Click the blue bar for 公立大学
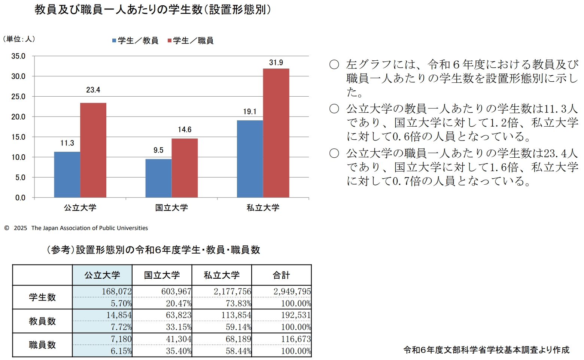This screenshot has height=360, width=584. tap(67, 175)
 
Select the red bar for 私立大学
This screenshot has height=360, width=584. tap(276, 133)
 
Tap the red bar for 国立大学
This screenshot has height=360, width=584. tap(185, 168)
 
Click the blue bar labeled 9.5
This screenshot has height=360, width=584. tap(158, 178)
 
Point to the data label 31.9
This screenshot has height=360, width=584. tap(276, 63)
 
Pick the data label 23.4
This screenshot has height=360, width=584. tap(93, 90)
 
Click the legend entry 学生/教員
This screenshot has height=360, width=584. tap(135, 40)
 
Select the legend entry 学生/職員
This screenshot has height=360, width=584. tap(191, 40)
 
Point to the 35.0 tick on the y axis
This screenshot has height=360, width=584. tap(18, 56)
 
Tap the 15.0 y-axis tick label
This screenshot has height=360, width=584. tap(18, 137)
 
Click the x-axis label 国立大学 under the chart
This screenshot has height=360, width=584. tap(171, 208)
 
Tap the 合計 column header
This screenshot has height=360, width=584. tap(281, 275)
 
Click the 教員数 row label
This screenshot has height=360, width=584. tap(42, 321)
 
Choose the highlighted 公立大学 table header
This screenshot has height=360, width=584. tap(102, 275)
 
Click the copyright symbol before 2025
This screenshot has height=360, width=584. tap(7, 228)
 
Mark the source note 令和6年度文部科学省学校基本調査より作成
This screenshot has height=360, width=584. tap(486, 350)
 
